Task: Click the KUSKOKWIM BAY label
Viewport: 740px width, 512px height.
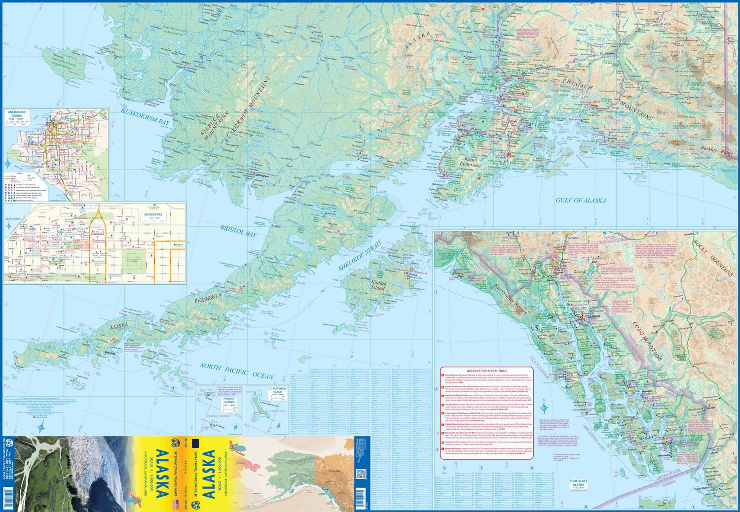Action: (x=145, y=116)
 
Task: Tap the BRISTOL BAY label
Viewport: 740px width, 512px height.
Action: (x=238, y=231)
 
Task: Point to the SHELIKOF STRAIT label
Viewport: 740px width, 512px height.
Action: (x=360, y=255)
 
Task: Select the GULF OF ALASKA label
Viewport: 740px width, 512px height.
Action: (x=581, y=200)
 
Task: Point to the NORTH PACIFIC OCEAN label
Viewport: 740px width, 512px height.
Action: (x=236, y=371)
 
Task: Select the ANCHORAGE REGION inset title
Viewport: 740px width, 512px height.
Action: (x=17, y=114)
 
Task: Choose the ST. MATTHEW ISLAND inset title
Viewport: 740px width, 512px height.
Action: (x=277, y=391)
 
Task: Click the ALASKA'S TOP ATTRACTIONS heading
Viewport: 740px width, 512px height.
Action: (x=486, y=371)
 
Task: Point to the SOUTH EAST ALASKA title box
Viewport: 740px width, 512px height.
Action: (x=578, y=483)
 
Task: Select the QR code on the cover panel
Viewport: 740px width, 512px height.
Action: (x=360, y=474)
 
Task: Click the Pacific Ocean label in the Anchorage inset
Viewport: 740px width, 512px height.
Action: (x=12, y=218)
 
